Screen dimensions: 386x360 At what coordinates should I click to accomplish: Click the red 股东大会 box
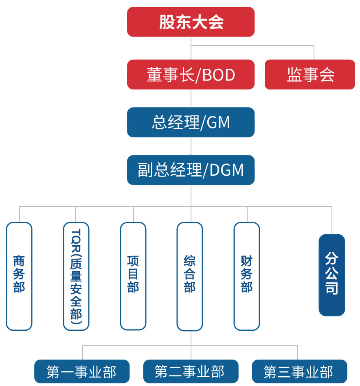pyautogui.click(x=191, y=22)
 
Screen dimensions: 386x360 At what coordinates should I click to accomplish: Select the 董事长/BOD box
pyautogui.click(x=191, y=74)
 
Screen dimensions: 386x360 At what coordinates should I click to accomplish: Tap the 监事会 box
pyautogui.click(x=310, y=74)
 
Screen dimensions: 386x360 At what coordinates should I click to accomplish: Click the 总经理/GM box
pyautogui.click(x=191, y=122)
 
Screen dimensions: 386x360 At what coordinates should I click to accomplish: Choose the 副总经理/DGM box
pyautogui.click(x=191, y=170)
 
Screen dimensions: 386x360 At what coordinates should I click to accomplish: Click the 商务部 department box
pyautogui.click(x=19, y=276)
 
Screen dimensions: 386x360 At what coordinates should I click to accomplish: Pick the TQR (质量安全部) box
pyautogui.click(x=76, y=276)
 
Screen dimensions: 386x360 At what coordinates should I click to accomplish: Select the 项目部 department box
pyautogui.click(x=133, y=276)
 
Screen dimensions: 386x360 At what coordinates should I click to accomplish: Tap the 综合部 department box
pyautogui.click(x=190, y=276)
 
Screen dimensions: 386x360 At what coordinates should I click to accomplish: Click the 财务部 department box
pyautogui.click(x=247, y=276)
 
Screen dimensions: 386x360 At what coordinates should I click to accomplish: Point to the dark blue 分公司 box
pyautogui.click(x=331, y=275)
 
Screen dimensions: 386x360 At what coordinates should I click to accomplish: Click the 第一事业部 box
pyautogui.click(x=81, y=371)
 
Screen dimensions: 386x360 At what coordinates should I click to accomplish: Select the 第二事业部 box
pyautogui.click(x=191, y=371)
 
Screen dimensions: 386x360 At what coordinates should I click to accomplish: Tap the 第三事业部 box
pyautogui.click(x=299, y=371)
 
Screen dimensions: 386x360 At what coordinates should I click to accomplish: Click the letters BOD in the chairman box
pyautogui.click(x=219, y=75)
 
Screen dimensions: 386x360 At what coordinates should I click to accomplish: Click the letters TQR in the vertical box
pyautogui.click(x=76, y=238)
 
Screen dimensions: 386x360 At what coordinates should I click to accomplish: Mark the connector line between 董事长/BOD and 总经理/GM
pyautogui.click(x=191, y=98)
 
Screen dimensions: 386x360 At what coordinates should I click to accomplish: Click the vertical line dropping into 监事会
pyautogui.click(x=314, y=53)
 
